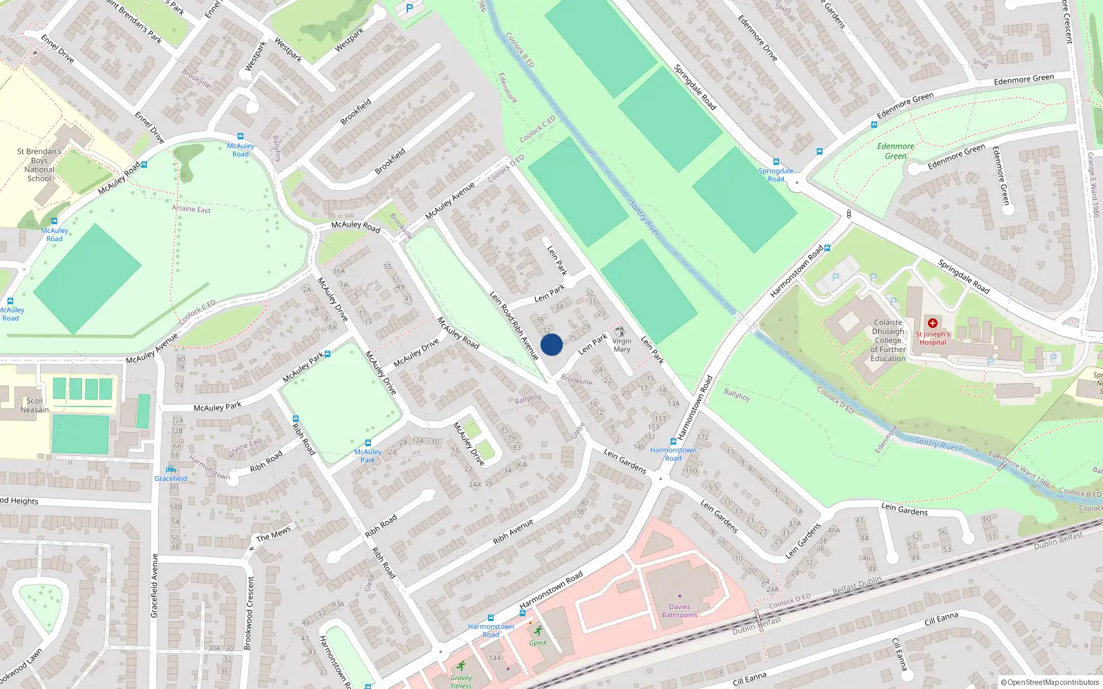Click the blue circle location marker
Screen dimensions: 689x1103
[551, 344]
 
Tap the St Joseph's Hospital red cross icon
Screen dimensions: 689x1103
[933, 323]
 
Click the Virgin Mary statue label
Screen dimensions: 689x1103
[622, 345]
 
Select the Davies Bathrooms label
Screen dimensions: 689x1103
[680, 611]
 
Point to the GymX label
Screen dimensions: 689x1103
[538, 643]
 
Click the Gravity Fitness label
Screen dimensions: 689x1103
[461, 681]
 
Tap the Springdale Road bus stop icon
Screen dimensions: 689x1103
[776, 162]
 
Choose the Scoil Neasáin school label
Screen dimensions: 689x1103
[34, 405]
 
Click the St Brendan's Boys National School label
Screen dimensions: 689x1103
[39, 165]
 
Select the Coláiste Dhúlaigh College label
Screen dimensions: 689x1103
[888, 340]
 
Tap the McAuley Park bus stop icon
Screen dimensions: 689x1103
[368, 443]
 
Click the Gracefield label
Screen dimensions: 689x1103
[171, 478]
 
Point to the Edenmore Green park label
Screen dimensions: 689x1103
[895, 151]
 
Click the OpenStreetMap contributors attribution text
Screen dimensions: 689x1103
[1051, 682]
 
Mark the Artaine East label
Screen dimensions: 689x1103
[191, 209]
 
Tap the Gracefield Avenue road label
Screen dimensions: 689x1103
[154, 585]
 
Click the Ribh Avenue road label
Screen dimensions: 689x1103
[513, 531]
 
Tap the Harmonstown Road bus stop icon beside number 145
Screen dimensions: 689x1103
[674, 442]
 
